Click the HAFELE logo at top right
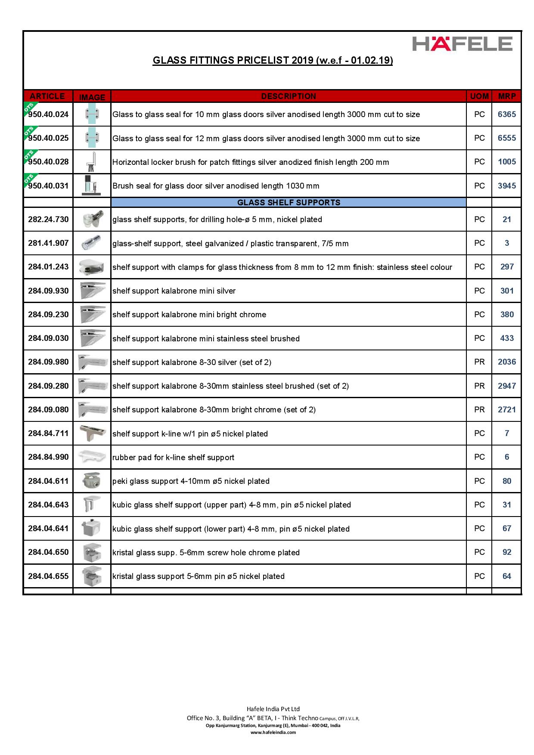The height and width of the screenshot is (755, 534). pyautogui.click(x=462, y=44)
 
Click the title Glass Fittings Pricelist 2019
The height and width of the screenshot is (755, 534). pyautogui.click(x=273, y=61)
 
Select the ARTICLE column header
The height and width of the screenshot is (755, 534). pyautogui.click(x=47, y=96)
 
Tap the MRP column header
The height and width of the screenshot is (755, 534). pyautogui.click(x=506, y=96)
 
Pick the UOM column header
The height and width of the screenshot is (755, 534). pyautogui.click(x=479, y=96)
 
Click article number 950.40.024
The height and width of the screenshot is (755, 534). pyautogui.click(x=48, y=114)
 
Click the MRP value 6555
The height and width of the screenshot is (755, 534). pyautogui.click(x=506, y=138)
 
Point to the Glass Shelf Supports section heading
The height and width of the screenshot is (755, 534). pyautogui.click(x=289, y=202)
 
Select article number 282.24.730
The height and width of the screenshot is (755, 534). pyautogui.click(x=48, y=220)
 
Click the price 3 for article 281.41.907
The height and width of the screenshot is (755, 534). pyautogui.click(x=506, y=243)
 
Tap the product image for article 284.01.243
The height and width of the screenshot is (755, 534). pyautogui.click(x=92, y=267)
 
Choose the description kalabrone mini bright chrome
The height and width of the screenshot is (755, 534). pyautogui.click(x=189, y=315)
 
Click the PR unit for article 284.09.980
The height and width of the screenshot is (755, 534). pyautogui.click(x=479, y=362)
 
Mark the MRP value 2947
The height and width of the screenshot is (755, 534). pyautogui.click(x=506, y=386)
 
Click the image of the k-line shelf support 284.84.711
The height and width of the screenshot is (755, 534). pyautogui.click(x=92, y=433)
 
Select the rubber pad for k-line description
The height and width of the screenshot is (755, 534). pyautogui.click(x=173, y=458)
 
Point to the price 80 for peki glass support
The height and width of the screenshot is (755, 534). pyautogui.click(x=506, y=481)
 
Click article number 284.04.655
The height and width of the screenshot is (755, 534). pyautogui.click(x=48, y=576)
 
